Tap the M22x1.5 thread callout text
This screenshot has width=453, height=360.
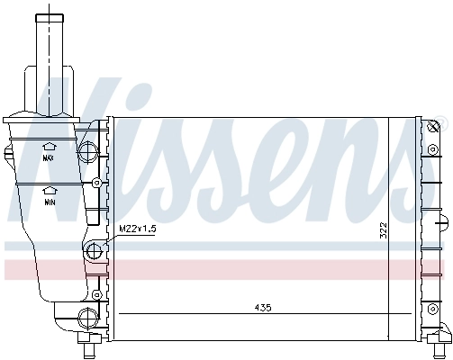click(x=139, y=229)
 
